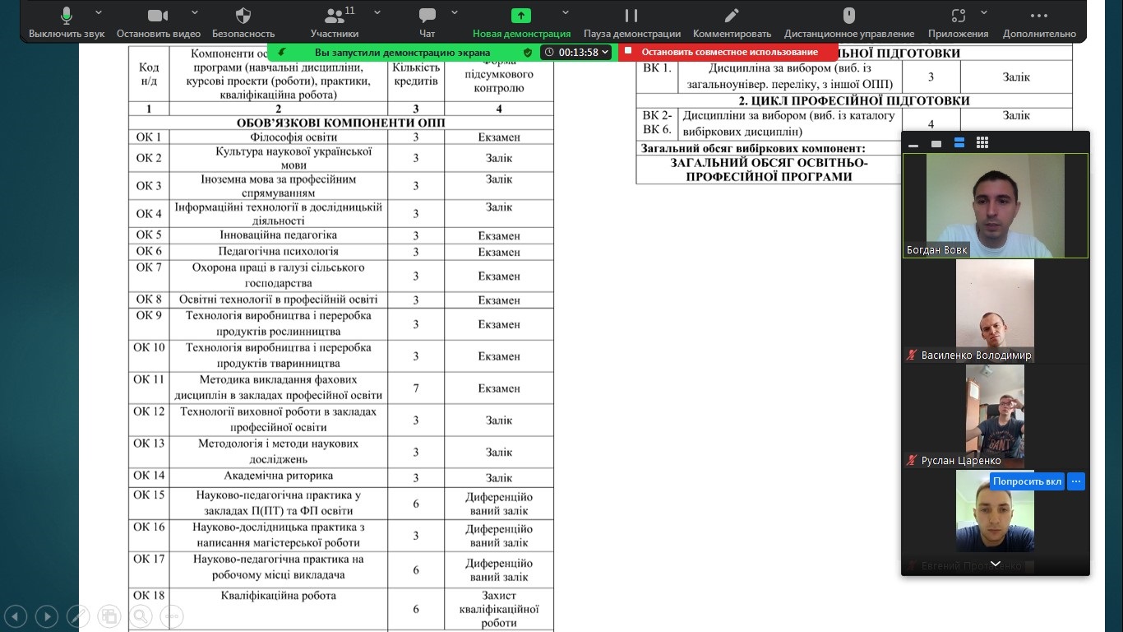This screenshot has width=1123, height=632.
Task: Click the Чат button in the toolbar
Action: (x=427, y=22)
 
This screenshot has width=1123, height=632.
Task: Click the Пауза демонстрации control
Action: (x=631, y=22)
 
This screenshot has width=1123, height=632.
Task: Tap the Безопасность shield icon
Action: (x=243, y=22)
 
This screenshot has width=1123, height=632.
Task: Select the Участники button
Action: (x=335, y=22)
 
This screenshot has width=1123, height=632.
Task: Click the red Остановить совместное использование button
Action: (x=728, y=52)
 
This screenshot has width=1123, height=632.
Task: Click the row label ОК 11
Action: (x=149, y=379)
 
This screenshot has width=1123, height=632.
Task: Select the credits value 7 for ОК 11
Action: (x=416, y=388)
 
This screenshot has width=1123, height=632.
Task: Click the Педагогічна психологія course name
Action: (x=278, y=251)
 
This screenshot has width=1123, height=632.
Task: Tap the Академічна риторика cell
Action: (x=278, y=476)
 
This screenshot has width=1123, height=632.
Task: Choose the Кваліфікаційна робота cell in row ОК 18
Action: (x=278, y=595)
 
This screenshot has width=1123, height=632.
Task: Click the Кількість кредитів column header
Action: (x=416, y=74)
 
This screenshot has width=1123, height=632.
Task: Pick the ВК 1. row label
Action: (x=657, y=68)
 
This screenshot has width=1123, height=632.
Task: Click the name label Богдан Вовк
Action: (x=937, y=249)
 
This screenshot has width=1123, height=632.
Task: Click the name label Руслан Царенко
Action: (x=960, y=460)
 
